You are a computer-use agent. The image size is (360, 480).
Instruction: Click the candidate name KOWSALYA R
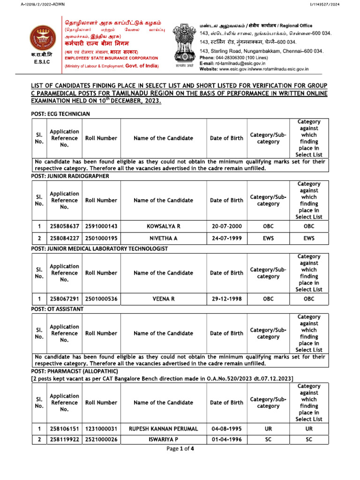pos(163,226)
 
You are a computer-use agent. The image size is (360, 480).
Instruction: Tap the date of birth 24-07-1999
pos(226,238)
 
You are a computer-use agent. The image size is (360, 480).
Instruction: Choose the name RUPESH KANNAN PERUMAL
pos(163,428)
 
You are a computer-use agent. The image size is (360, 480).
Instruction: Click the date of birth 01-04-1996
pos(226,440)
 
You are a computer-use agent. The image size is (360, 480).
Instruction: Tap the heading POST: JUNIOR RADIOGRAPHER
pos(70,176)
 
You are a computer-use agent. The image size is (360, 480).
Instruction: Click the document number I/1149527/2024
pos(336,4)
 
